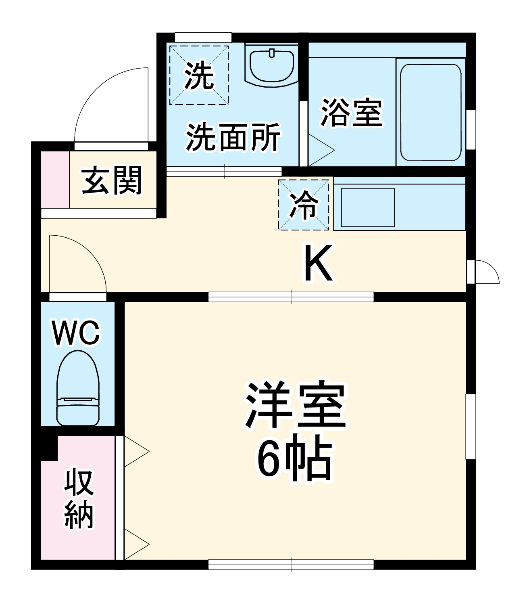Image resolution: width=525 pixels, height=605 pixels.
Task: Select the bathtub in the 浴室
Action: pyautogui.click(x=430, y=112)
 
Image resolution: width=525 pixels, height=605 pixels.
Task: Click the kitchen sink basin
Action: pyautogui.click(x=367, y=207)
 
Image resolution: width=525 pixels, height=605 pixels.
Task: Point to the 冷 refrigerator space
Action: pyautogui.click(x=304, y=205)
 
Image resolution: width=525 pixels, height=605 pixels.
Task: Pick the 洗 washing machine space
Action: pyautogui.click(x=199, y=75)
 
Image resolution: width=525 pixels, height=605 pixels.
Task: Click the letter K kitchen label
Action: pyautogui.click(x=319, y=263)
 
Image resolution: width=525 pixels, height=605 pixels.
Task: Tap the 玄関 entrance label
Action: pyautogui.click(x=112, y=180)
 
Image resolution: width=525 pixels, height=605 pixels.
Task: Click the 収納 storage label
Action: pyautogui.click(x=79, y=498)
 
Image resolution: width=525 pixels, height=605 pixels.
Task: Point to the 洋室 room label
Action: pyautogui.click(x=296, y=405)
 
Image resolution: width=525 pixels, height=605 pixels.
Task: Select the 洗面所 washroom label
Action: pyautogui.click(x=233, y=137)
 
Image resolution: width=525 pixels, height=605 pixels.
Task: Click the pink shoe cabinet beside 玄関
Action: pyautogui.click(x=55, y=180)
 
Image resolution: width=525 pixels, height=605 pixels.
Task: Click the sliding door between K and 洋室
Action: pyautogui.click(x=291, y=297)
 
